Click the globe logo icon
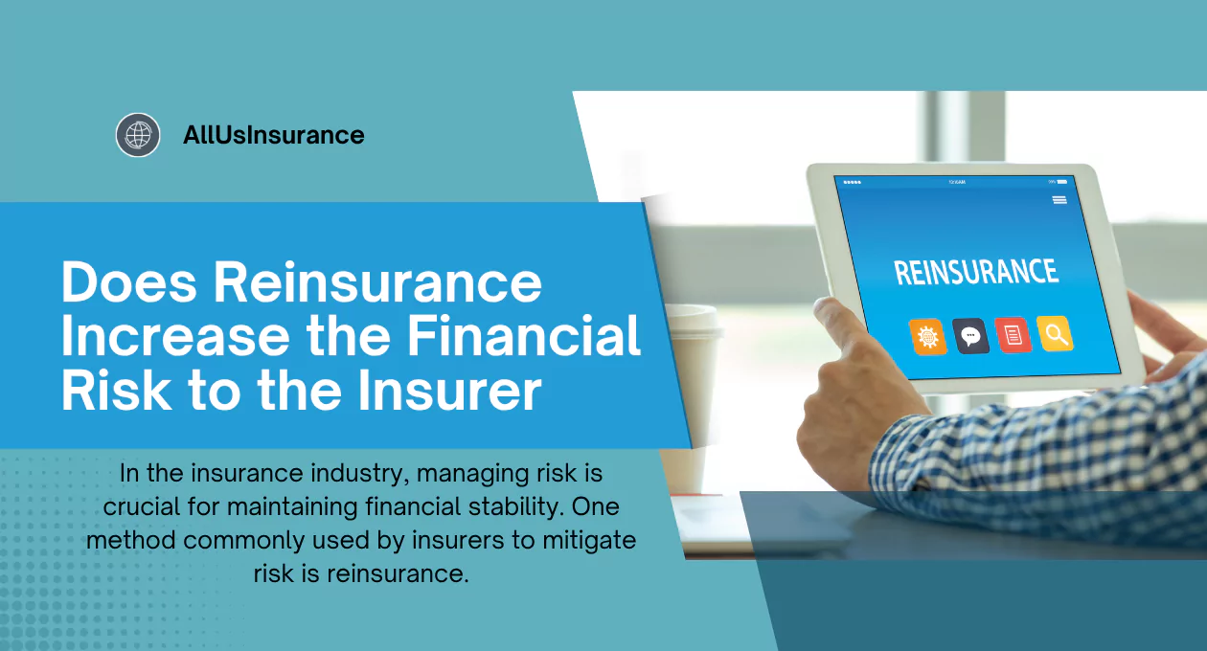coord(138,135)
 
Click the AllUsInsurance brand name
coord(274,135)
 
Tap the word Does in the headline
coord(128,281)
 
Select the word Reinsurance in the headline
coord(377,281)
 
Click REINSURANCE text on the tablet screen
coord(976,271)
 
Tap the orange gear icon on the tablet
coord(928,337)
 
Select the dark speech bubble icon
coord(971,336)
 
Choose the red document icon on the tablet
coord(1013,335)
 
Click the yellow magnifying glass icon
coord(1055,334)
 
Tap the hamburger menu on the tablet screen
coord(1059,200)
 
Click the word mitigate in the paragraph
coord(589,541)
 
